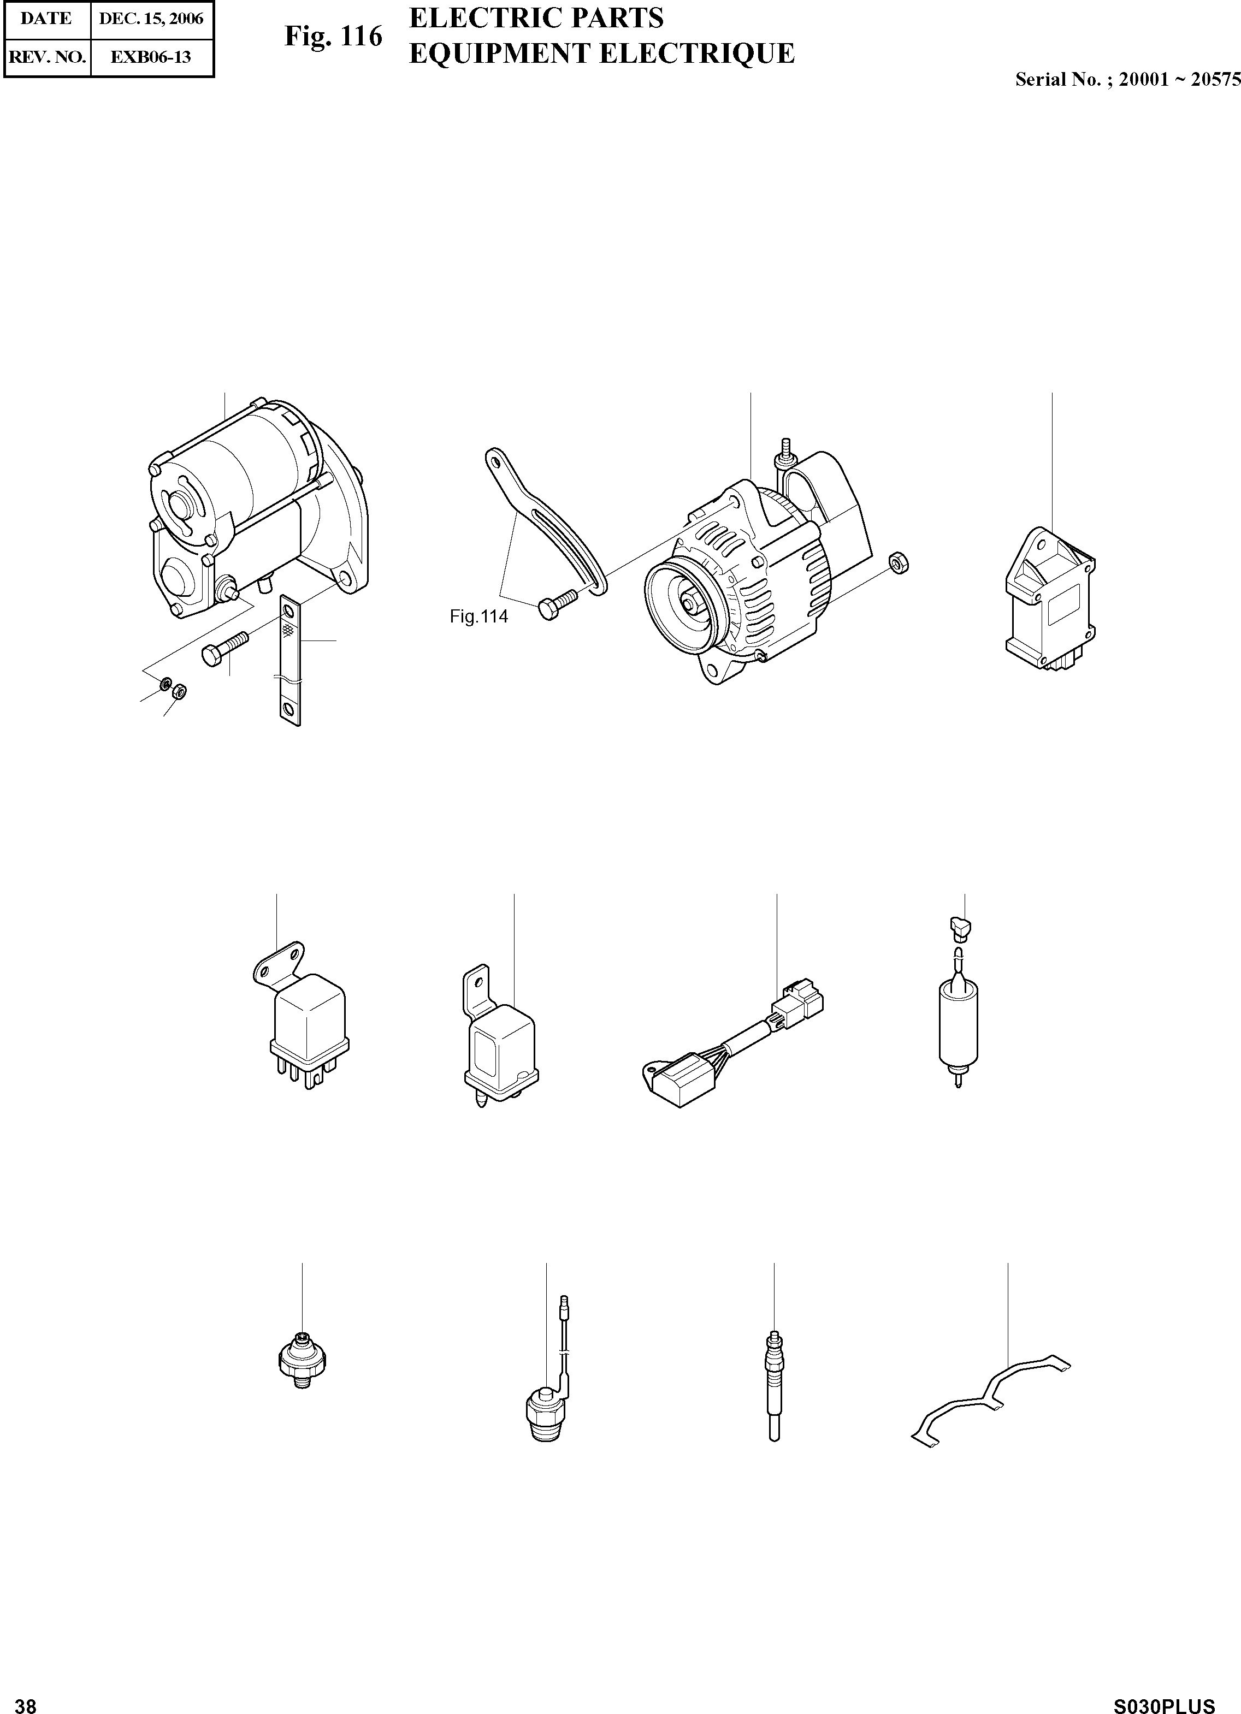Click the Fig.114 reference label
478,616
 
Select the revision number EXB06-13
151,57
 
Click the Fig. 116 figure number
333,36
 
